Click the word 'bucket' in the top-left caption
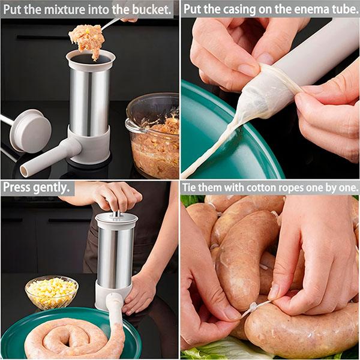(x=151, y=9)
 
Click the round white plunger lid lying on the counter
(x=31, y=131)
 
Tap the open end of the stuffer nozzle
(x=23, y=171)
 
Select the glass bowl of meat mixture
(x=152, y=136)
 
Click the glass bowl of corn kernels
(x=52, y=292)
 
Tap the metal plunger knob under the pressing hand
(x=116, y=214)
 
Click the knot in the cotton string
(x=253, y=307)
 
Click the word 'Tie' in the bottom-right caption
(x=190, y=188)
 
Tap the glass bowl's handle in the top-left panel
(x=134, y=127)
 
